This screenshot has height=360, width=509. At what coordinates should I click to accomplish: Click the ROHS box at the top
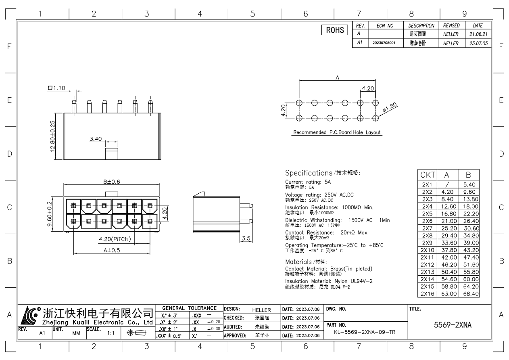[x=334, y=30]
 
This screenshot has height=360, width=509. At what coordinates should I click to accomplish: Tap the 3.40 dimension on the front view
[x=96, y=139]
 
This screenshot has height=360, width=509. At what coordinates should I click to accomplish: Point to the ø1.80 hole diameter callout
[x=390, y=107]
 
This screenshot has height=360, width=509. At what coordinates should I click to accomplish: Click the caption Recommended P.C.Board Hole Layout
[x=337, y=132]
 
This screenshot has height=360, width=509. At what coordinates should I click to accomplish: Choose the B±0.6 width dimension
[x=111, y=182]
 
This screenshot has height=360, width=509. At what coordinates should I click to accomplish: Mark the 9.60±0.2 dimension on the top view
[x=50, y=214]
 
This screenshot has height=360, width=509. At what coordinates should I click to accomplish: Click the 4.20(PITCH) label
[x=115, y=239]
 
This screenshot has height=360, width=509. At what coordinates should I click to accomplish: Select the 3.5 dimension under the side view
[x=246, y=239]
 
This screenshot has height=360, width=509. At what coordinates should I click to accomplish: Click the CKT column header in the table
[x=428, y=175]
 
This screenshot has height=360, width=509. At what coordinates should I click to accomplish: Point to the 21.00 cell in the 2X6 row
[x=449, y=221]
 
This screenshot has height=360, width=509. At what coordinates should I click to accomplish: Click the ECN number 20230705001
[x=384, y=42]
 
